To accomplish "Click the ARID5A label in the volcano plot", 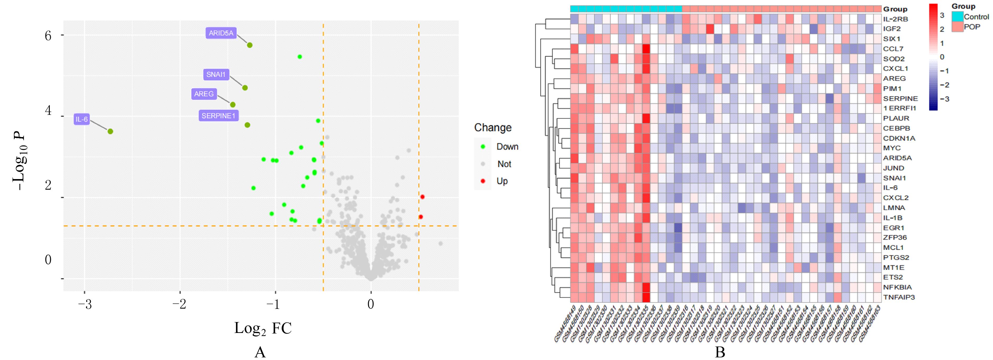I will pos(221,33).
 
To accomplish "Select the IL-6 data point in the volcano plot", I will pos(110,132).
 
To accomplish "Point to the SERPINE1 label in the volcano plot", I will pos(218,116).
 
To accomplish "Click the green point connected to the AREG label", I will pos(233,105).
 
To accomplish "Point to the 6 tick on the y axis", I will pos(48,36).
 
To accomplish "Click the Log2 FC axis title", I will pos(263,328).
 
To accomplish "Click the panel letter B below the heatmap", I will pos(720,352).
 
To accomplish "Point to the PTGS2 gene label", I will pos(893,258).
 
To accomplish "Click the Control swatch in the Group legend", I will pos(957,17).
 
